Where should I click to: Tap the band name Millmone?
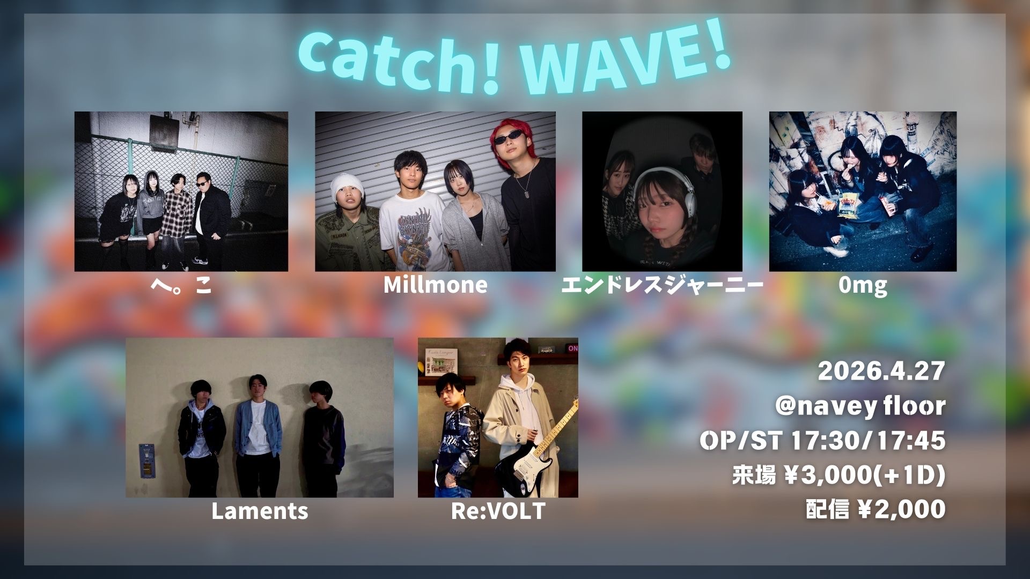(x=435, y=285)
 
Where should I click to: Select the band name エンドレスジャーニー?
(x=662, y=285)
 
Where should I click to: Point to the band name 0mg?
(x=863, y=286)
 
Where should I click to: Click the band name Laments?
(x=260, y=511)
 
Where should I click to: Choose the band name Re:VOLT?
(x=498, y=511)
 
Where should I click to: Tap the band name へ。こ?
(x=181, y=285)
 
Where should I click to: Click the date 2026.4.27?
(x=881, y=371)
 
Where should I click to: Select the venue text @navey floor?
(x=860, y=406)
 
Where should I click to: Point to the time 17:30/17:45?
(x=869, y=440)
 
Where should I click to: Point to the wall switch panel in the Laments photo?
(x=146, y=461)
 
